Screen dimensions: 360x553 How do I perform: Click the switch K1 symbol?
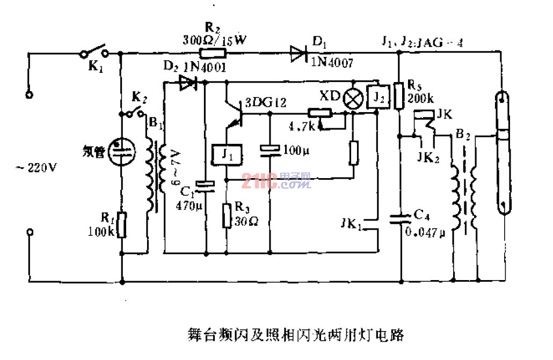(94, 52)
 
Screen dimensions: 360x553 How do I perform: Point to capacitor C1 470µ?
(205, 185)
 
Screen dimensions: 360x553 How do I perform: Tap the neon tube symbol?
(120, 151)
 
